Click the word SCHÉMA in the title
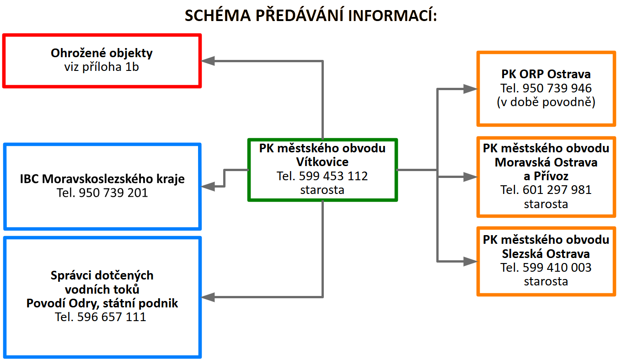(218, 15)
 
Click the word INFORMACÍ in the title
(392, 15)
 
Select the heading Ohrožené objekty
(102, 53)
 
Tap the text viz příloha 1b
(102, 67)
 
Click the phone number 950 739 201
(113, 193)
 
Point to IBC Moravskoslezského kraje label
(102, 178)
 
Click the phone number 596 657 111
(112, 317)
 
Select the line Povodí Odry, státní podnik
(102, 303)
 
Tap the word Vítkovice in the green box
(322, 162)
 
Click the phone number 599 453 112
(333, 176)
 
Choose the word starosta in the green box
(322, 190)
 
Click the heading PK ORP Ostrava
(546, 74)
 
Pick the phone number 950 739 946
(557, 88)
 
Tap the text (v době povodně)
(546, 102)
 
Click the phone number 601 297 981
(557, 190)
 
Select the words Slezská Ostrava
(546, 253)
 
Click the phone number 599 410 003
(557, 267)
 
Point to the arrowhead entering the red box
(208, 61)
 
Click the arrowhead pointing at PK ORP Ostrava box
(471, 89)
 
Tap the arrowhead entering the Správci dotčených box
(208, 297)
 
